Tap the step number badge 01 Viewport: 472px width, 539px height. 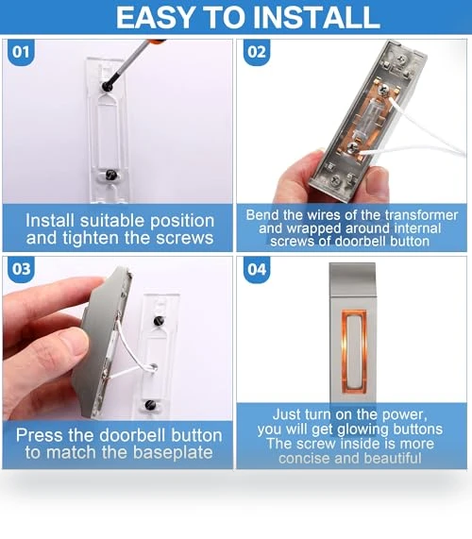click(21, 52)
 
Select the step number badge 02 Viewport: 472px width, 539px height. click(257, 52)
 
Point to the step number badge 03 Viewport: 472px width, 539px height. click(21, 269)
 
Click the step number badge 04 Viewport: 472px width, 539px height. click(257, 269)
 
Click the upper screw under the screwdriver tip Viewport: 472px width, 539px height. click(108, 86)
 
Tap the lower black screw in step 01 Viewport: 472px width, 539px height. click(111, 175)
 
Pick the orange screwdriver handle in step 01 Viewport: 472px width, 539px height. click(158, 42)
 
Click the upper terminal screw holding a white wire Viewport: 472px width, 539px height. click(383, 92)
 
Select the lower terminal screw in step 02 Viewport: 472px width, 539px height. click(352, 148)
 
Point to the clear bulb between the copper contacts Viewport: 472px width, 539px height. click(369, 119)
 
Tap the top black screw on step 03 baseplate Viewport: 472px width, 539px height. click(159, 321)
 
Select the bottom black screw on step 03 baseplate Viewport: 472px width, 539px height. click(150, 405)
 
